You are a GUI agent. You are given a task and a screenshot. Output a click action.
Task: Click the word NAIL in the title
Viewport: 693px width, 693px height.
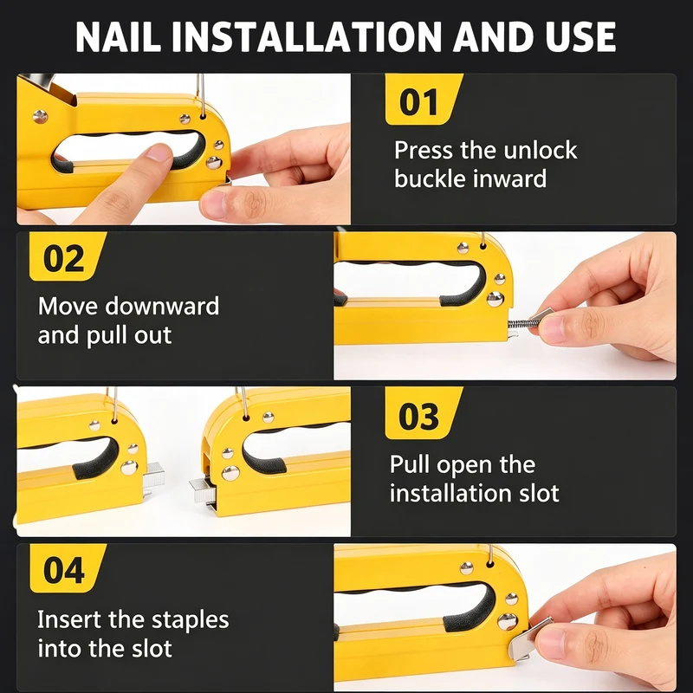pos(118,36)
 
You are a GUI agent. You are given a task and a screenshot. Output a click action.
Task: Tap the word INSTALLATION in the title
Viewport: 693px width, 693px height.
pos(307,36)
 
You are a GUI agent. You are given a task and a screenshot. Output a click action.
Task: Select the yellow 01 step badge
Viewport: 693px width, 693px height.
pos(424,100)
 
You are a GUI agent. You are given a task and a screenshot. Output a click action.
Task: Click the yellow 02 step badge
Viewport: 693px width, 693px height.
pos(68,256)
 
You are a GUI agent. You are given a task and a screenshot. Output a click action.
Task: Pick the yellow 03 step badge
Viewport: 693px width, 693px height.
pos(424,414)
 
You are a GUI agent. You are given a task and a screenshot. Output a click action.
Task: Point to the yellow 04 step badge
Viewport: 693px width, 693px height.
pos(68,568)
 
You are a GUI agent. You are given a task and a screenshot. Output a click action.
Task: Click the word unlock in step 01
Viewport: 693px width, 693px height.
pos(540,150)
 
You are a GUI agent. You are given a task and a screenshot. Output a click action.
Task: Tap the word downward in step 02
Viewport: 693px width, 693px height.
pos(162,306)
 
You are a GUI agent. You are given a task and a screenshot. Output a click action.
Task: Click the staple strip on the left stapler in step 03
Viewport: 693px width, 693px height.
pos(153,474)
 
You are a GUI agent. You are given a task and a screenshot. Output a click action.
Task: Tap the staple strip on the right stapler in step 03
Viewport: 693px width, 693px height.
pos(203,490)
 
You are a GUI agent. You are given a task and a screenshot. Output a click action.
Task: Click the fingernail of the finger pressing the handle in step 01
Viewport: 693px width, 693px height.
pos(159,153)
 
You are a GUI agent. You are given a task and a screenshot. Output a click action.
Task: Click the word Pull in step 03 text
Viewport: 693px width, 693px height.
pos(410,464)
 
